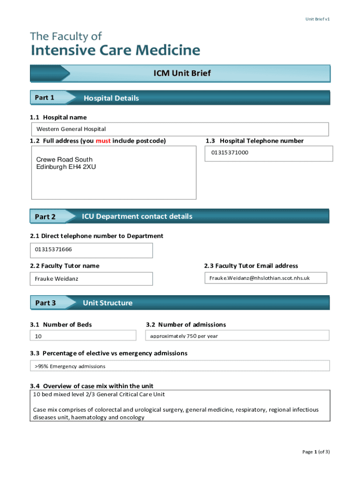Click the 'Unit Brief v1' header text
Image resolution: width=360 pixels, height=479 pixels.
318,19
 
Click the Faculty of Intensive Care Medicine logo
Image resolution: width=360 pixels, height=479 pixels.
115,44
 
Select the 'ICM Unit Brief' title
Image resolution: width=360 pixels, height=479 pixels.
182,73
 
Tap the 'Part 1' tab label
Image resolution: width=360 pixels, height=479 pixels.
45,98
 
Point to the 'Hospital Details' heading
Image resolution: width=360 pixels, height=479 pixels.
111,98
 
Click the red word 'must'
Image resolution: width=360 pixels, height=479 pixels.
103,141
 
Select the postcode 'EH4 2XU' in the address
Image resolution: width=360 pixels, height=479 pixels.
84,167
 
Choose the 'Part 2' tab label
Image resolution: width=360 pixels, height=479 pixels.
45,217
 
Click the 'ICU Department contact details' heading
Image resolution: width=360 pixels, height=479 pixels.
137,216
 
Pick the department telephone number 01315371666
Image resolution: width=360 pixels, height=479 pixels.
54,249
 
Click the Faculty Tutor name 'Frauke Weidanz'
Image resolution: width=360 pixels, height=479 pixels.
57,279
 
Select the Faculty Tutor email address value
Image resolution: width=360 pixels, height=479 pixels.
259,278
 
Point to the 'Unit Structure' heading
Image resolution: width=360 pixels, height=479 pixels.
108,303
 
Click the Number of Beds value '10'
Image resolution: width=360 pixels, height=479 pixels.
38,336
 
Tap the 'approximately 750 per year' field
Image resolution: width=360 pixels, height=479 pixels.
184,336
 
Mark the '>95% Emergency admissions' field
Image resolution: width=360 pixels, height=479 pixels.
70,366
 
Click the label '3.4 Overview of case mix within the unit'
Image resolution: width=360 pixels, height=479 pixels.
92,386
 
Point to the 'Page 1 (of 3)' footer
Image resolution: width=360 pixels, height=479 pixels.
316,451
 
